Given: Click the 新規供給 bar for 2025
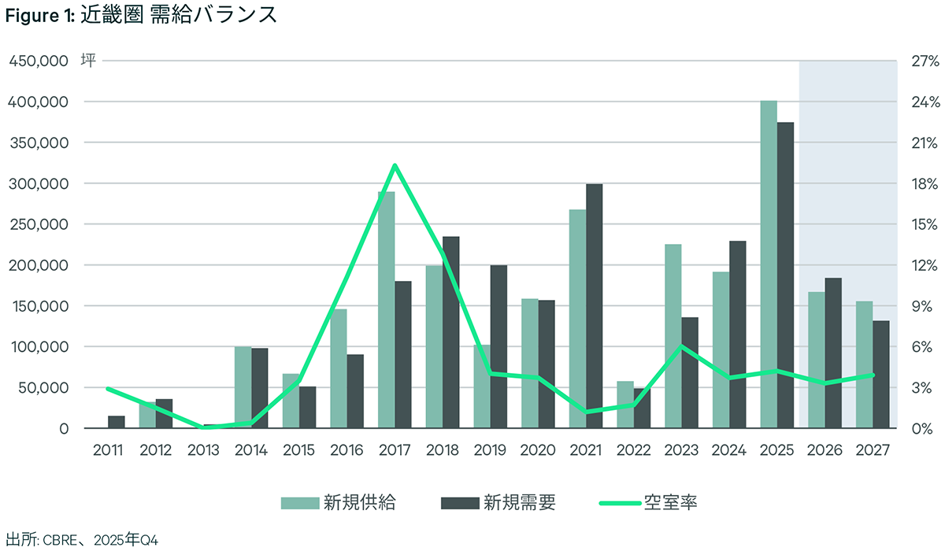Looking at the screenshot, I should tap(769, 264).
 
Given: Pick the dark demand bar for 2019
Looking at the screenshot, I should tap(498, 346).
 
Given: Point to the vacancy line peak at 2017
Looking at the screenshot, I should tap(395, 165).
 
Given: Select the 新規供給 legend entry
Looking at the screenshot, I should tap(339, 503).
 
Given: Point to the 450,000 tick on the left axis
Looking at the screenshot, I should tap(39, 61).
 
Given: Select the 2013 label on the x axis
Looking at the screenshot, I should tap(204, 450).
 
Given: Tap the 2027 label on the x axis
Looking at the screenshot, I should tap(873, 450).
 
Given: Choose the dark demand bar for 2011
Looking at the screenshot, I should tap(117, 422).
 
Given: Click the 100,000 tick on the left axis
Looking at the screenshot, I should tap(39, 347).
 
